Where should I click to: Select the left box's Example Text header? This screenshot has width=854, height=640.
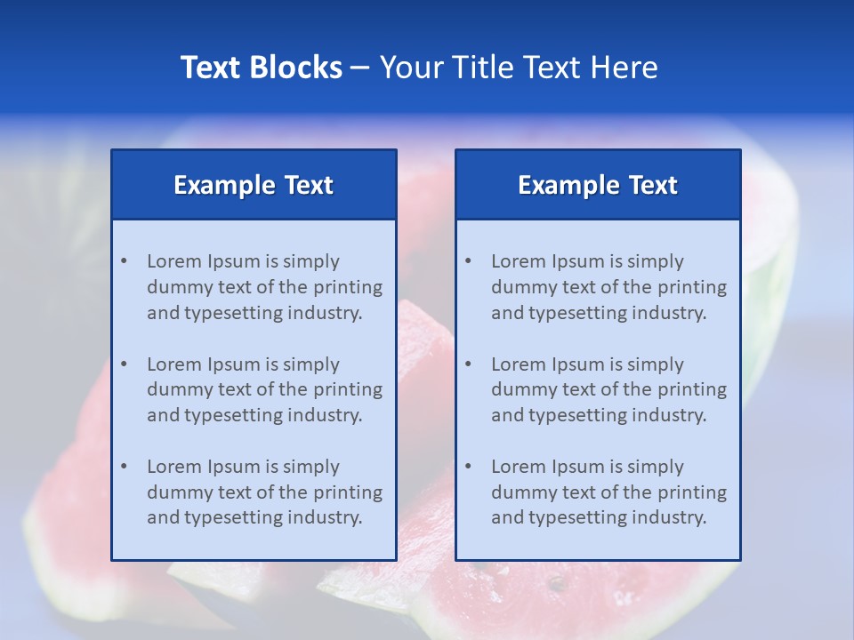254,185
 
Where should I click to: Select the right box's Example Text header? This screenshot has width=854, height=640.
598,185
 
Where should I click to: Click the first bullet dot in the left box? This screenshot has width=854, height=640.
124,261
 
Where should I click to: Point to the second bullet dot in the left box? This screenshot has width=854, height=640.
124,364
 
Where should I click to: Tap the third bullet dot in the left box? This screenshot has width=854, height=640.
124,467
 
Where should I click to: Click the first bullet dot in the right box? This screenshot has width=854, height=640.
468,261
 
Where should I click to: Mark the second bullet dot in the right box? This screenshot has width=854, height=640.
468,364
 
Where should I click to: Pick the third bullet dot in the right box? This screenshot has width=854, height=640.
468,467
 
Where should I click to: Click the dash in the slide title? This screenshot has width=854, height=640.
360,68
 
